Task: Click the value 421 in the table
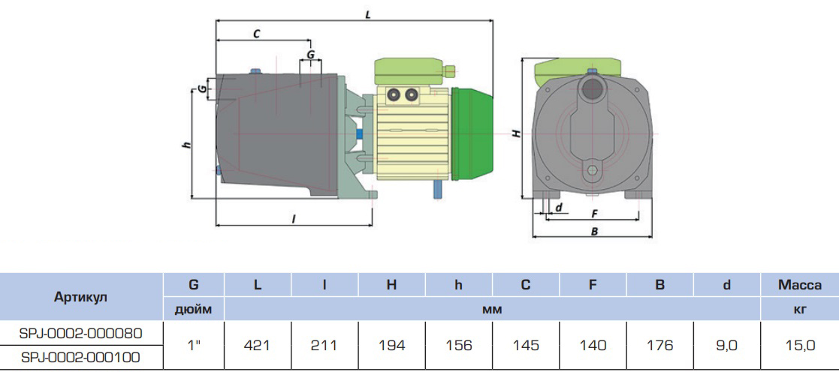(x=258, y=346)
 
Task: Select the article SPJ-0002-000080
(x=82, y=332)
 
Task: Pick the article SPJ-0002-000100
(x=82, y=357)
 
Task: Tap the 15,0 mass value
(x=800, y=346)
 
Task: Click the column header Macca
(x=800, y=284)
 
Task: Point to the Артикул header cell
(x=81, y=297)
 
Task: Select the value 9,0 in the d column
(x=727, y=346)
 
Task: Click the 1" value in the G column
(x=193, y=346)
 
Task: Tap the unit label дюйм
(x=193, y=309)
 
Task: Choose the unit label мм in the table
(x=493, y=309)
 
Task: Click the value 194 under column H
(x=391, y=346)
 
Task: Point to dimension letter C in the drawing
(x=257, y=34)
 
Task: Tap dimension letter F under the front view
(x=593, y=213)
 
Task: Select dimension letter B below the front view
(x=593, y=232)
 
